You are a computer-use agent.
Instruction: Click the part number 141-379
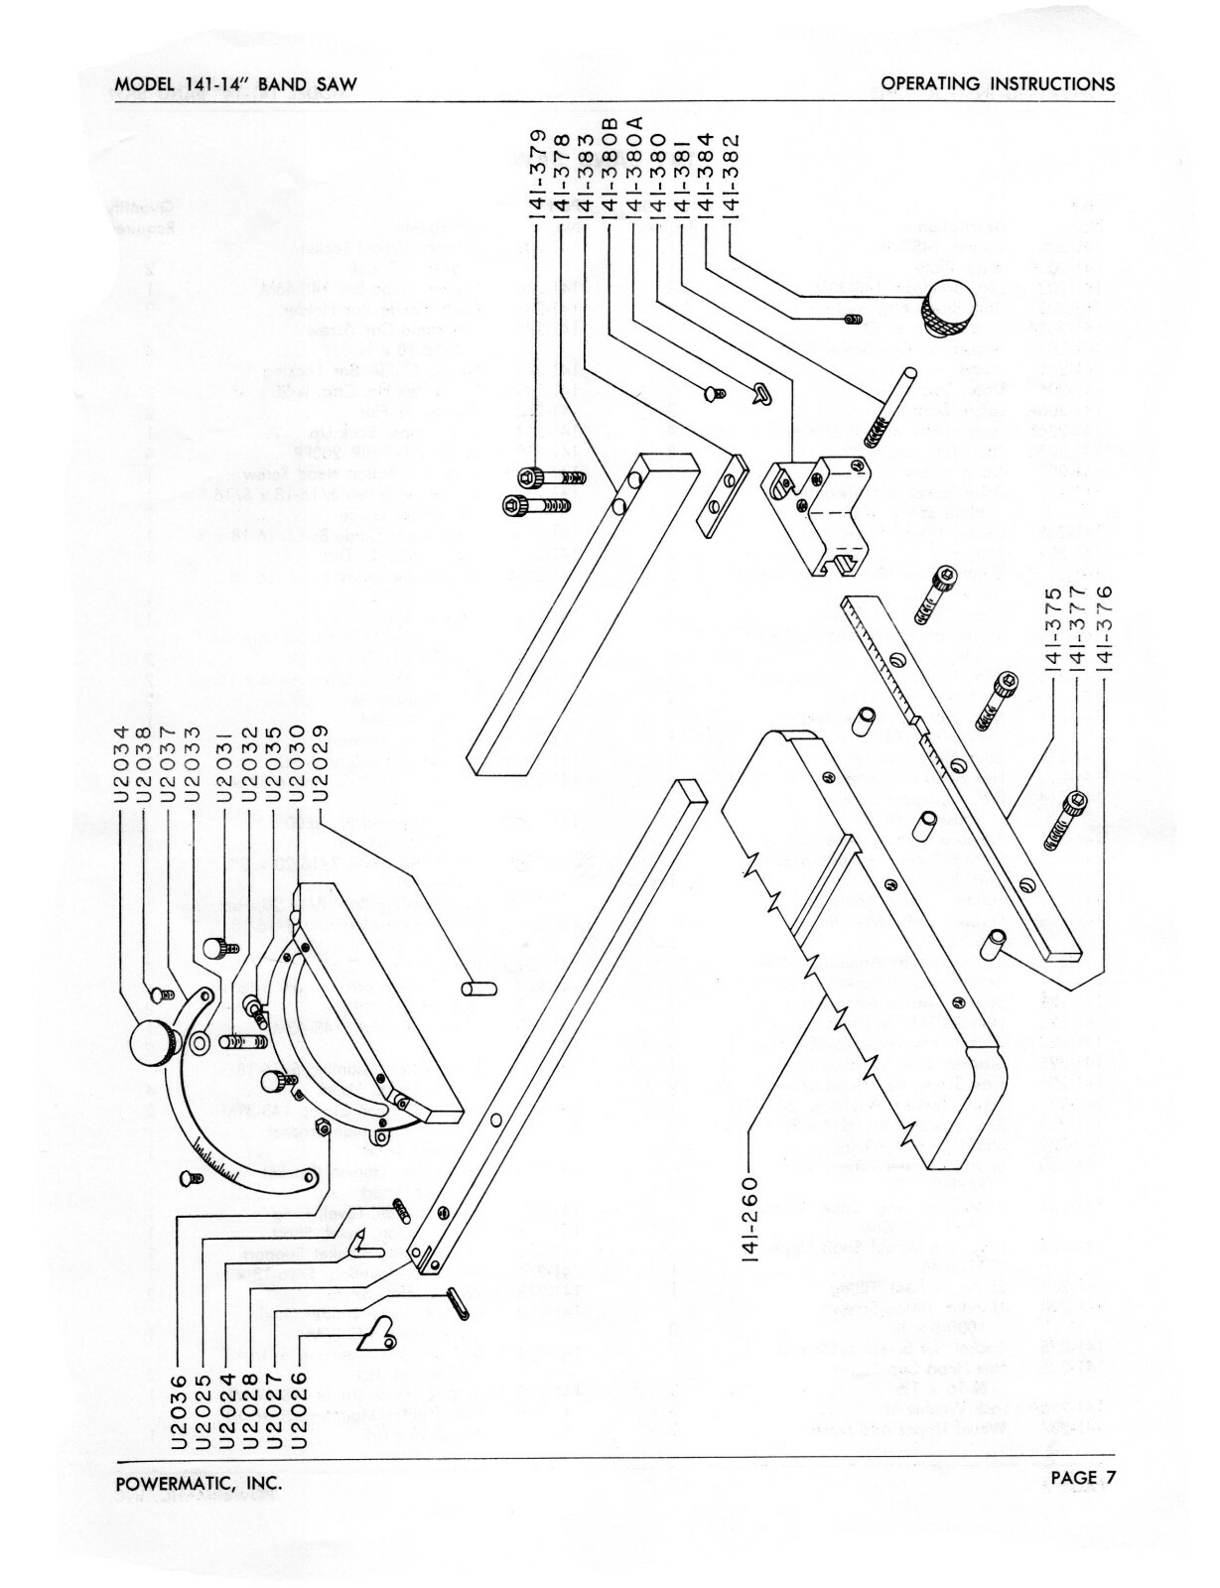coord(536,175)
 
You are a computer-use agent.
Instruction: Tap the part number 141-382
coord(732,175)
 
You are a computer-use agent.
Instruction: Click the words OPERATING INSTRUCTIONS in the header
coord(998,84)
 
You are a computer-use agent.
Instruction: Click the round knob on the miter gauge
coord(155,1045)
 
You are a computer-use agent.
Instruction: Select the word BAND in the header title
coord(286,84)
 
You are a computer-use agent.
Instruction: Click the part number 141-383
coord(586,175)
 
